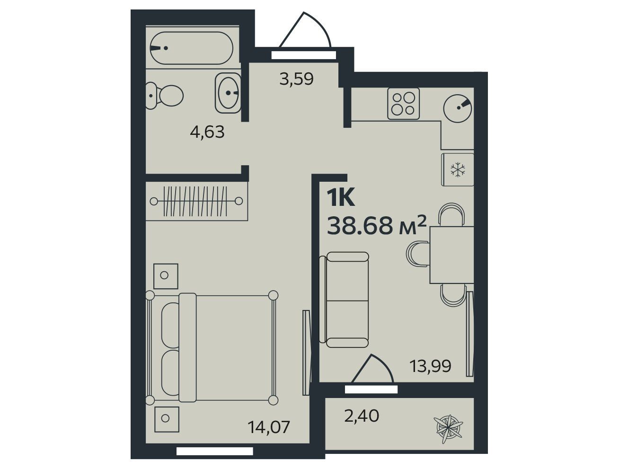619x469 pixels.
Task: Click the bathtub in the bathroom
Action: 191,48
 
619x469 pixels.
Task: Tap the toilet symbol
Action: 164,96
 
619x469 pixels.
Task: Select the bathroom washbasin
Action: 228,93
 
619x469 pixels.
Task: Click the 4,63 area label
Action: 207,132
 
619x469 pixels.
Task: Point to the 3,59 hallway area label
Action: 296,79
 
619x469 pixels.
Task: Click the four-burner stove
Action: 403,104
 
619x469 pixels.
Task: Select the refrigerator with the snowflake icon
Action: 458,169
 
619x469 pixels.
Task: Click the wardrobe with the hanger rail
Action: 196,201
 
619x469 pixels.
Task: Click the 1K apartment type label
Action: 341,198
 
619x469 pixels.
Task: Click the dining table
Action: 452,255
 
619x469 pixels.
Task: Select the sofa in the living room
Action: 344,300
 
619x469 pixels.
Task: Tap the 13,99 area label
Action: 430,366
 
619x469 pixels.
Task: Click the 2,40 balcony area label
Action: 362,416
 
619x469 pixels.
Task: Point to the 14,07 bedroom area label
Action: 269,427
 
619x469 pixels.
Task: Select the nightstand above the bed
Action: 166,276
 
